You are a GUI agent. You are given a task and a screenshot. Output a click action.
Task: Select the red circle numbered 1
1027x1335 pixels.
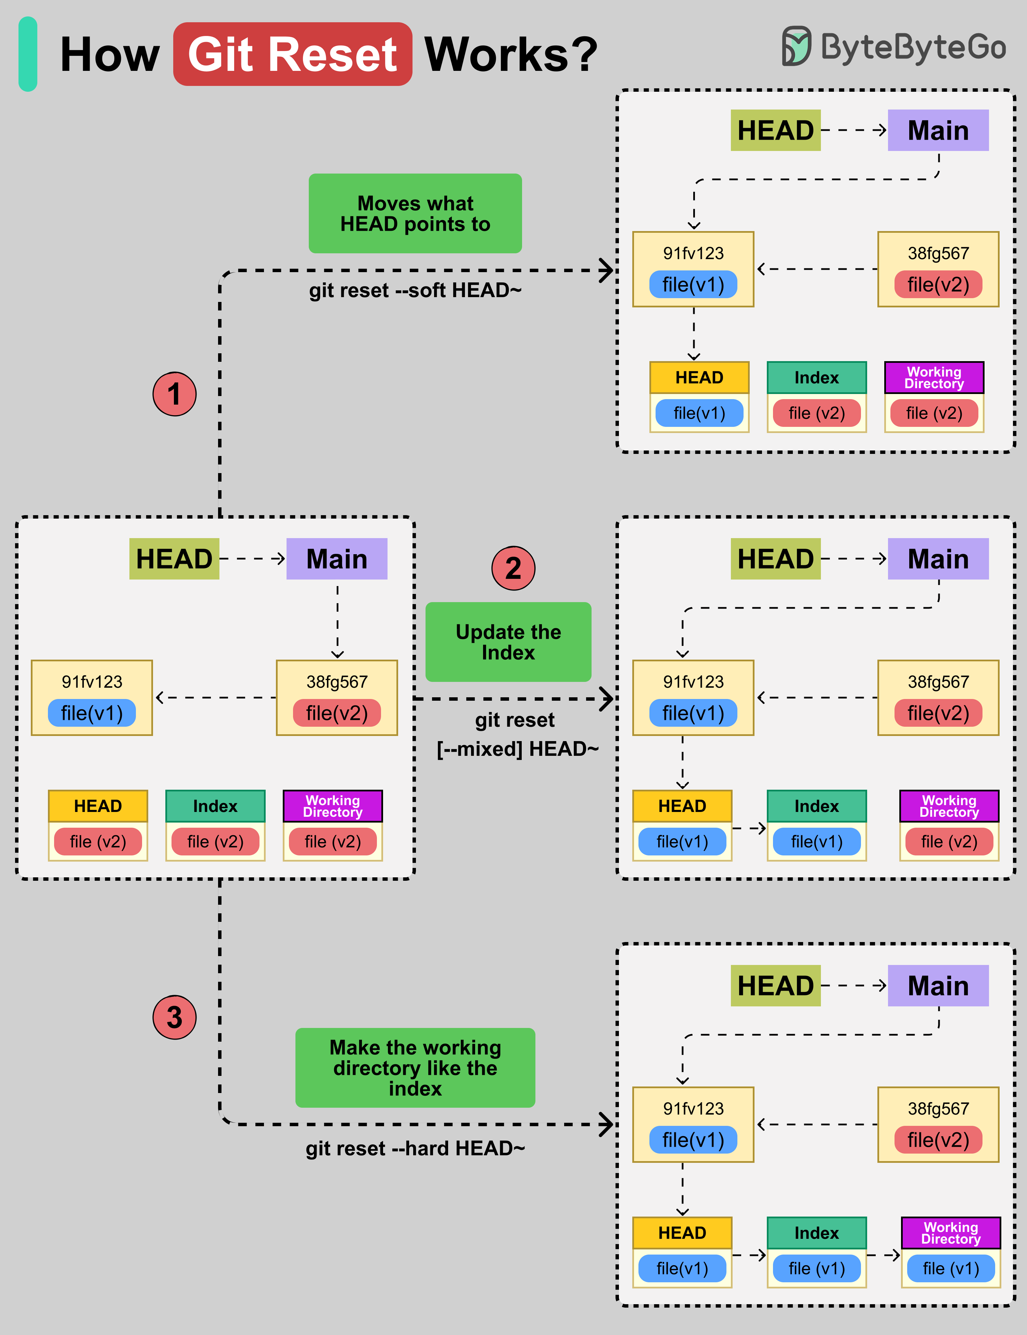point(174,394)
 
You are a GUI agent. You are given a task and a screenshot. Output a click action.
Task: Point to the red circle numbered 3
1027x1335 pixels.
point(174,1018)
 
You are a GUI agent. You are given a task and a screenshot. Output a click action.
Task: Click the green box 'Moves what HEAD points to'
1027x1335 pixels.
point(415,213)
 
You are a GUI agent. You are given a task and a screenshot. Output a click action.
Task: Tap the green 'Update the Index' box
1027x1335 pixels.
point(508,642)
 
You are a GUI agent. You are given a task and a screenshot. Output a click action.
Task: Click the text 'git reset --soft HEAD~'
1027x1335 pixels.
point(415,290)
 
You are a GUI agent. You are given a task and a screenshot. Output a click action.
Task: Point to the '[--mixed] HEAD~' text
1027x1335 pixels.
point(517,749)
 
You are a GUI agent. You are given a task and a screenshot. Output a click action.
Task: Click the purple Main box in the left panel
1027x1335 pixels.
point(337,559)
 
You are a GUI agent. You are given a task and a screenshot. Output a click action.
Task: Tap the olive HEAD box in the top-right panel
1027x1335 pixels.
point(775,130)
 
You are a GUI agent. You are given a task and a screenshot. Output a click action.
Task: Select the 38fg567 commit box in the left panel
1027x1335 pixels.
point(337,698)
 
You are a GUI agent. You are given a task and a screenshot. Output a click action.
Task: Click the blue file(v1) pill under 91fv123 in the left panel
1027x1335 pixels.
point(92,713)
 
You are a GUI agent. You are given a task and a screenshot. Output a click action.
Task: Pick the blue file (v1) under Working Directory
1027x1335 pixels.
point(951,1268)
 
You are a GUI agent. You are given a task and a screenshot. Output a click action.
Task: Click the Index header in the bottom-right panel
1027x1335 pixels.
point(817,1233)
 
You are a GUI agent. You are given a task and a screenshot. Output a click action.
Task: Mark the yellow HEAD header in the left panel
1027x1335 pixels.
point(98,806)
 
